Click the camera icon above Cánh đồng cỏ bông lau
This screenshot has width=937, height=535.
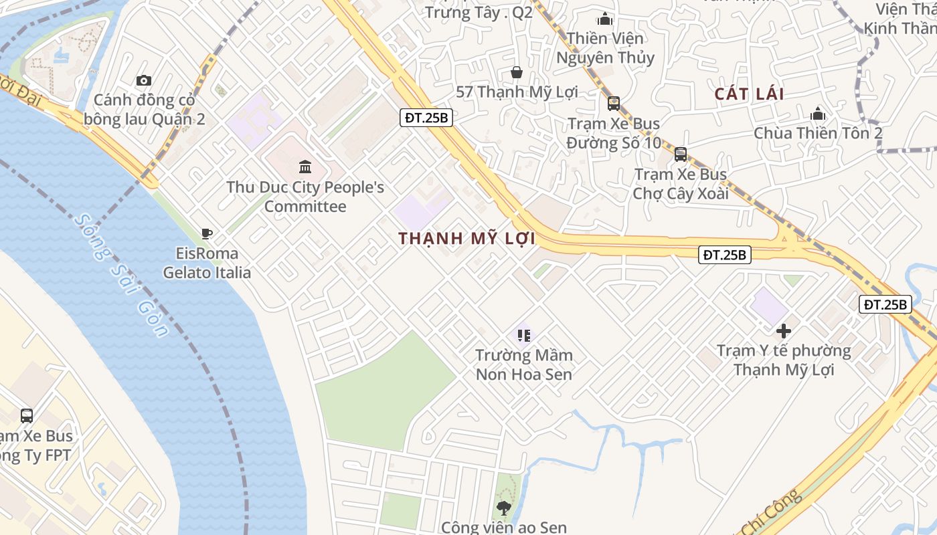(x=144, y=81)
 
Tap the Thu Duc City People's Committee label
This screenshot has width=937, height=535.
(x=305, y=197)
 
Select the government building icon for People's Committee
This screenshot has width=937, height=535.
(x=305, y=166)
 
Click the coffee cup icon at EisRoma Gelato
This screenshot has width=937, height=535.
(x=207, y=233)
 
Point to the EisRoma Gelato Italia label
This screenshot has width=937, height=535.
(x=207, y=263)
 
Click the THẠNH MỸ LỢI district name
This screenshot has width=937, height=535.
(x=467, y=239)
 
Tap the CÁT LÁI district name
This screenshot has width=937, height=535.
(x=749, y=94)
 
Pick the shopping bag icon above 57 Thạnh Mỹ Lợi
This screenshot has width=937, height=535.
(x=516, y=72)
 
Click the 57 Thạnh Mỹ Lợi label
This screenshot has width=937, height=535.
(x=517, y=92)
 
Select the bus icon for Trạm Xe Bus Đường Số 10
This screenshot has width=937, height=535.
(x=613, y=104)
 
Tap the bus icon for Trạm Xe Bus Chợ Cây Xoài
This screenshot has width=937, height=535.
(x=680, y=154)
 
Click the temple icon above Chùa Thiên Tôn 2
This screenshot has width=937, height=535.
(x=817, y=113)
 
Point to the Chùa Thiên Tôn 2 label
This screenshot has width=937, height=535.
(x=818, y=133)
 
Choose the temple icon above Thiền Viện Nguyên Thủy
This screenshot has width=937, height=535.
(x=605, y=19)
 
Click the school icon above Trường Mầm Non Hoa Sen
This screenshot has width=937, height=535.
(x=523, y=335)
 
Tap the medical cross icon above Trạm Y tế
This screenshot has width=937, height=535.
(x=783, y=330)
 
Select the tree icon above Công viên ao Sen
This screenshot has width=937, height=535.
(x=504, y=508)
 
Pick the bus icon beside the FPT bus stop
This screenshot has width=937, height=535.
(x=27, y=415)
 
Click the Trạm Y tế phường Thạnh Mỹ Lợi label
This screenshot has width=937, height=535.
(x=784, y=360)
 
